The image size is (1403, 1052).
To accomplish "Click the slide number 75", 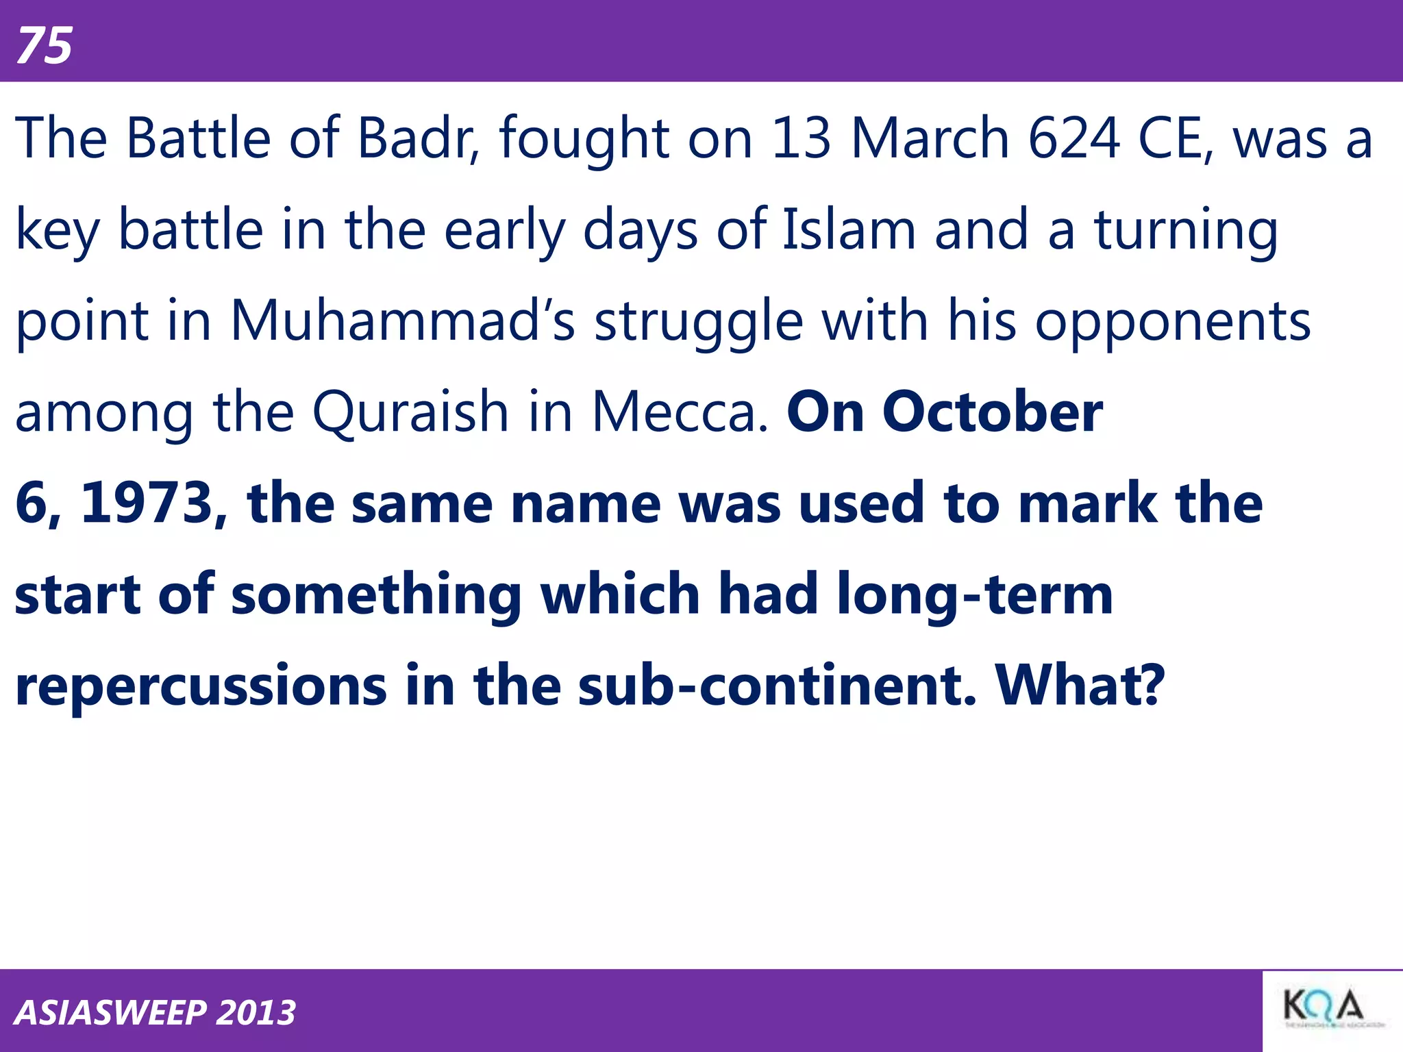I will click(x=45, y=46).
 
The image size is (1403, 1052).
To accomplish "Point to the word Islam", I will click(x=849, y=229).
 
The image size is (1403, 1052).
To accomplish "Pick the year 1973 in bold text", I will click(x=147, y=503).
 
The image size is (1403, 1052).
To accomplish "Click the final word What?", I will click(x=1080, y=686).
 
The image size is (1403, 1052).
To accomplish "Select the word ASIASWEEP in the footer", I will click(x=110, y=1012).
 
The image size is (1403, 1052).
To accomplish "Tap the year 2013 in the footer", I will click(x=256, y=1012).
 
